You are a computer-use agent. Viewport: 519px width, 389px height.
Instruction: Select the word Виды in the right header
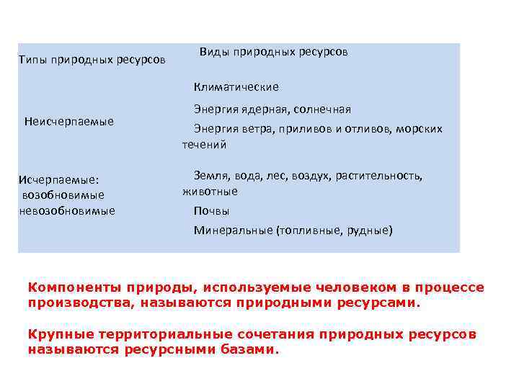coord(213,53)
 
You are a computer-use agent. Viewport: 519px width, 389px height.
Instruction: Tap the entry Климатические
coord(236,87)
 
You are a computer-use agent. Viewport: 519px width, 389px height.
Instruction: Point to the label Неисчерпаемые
coord(69,121)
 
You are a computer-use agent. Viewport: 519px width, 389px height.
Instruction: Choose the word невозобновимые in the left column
coord(68,210)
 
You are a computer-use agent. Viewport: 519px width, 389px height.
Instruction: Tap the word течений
coord(204,145)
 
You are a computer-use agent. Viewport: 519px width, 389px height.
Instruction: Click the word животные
coord(210,192)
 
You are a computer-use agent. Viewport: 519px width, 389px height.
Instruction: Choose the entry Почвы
coord(211,211)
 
